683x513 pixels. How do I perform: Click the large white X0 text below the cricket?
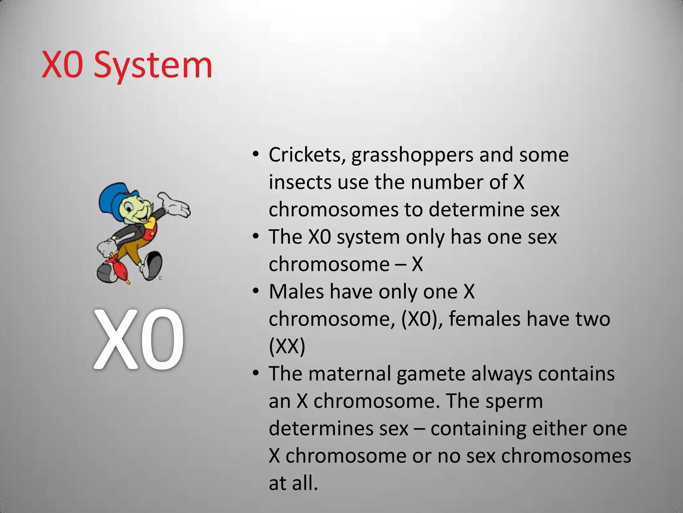click(x=139, y=339)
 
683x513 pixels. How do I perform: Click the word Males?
click(x=296, y=292)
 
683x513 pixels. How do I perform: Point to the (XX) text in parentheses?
click(x=287, y=346)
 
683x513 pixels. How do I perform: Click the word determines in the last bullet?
click(x=338, y=429)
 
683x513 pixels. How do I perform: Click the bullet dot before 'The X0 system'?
click(x=256, y=236)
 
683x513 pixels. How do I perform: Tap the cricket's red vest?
click(x=151, y=228)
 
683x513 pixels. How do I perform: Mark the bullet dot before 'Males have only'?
click(x=256, y=291)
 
